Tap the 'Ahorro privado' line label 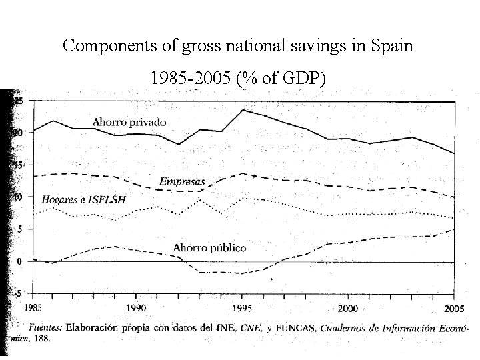point(129,122)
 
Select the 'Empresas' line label point(181,181)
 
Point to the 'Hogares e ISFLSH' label point(83,199)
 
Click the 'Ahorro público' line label point(209,247)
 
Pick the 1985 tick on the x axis point(34,309)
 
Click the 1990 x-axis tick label point(137,309)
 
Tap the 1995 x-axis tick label point(242,309)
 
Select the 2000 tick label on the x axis point(347,309)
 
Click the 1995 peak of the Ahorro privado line point(242,109)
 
